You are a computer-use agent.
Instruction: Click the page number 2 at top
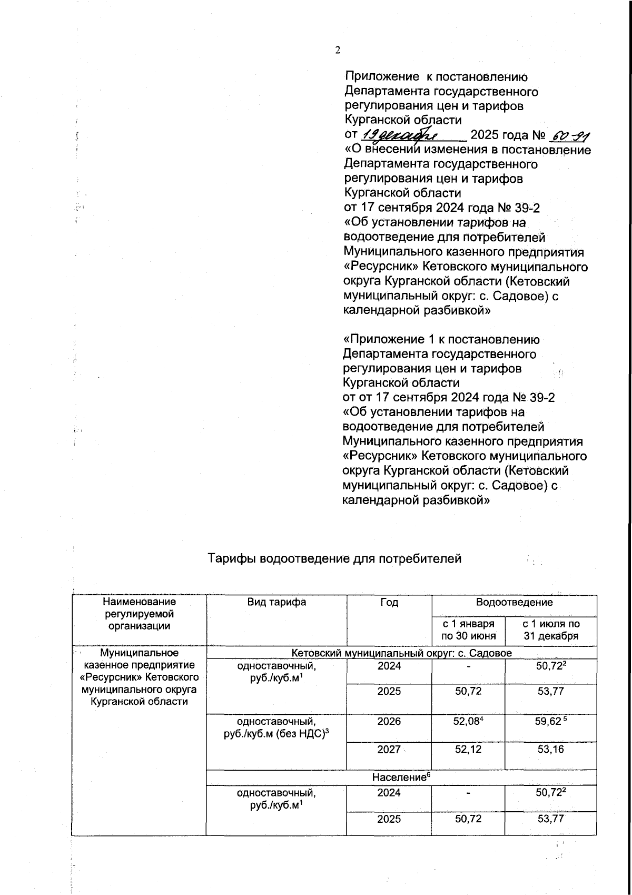(x=338, y=50)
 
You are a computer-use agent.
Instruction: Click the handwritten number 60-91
(x=569, y=136)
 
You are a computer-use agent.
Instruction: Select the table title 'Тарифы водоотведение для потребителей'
(x=334, y=558)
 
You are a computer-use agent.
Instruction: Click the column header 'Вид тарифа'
(x=276, y=602)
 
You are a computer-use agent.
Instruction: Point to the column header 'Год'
(x=389, y=602)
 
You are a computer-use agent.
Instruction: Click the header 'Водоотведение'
(x=514, y=602)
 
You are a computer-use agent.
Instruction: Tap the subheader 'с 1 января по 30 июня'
(x=468, y=630)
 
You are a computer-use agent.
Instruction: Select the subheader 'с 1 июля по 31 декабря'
(x=551, y=630)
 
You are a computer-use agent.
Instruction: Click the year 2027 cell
(x=389, y=749)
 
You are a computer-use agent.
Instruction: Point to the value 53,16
(x=551, y=749)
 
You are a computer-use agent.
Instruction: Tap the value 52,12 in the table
(x=468, y=749)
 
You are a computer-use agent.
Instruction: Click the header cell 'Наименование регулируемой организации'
(x=139, y=614)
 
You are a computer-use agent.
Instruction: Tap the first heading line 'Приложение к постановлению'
(x=436, y=77)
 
